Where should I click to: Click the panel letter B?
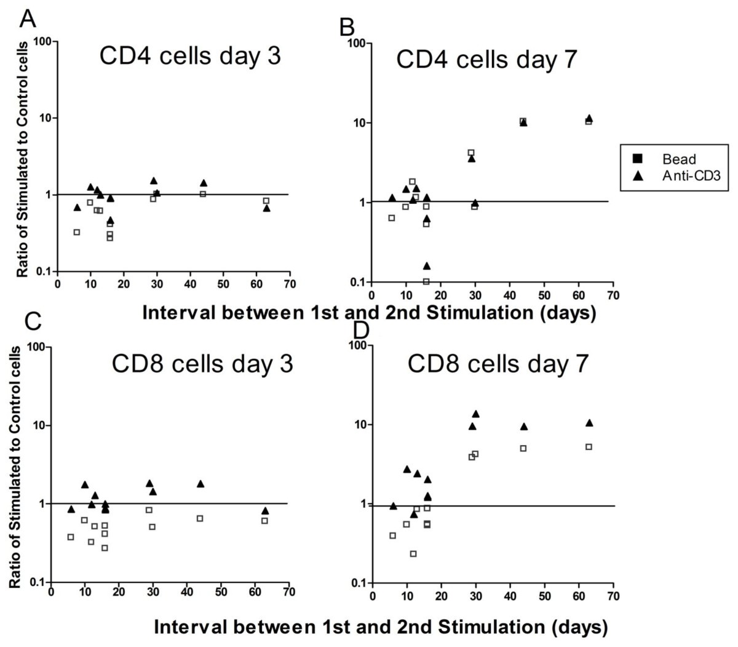pos(348,26)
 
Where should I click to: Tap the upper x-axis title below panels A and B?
pos(368,312)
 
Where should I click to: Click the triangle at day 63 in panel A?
pos(267,208)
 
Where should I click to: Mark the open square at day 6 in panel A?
pos(77,232)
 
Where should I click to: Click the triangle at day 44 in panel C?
pos(200,484)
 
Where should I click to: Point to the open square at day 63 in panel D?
pos(589,447)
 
